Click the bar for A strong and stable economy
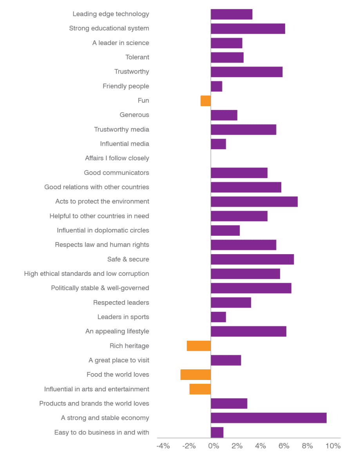coord(269,418)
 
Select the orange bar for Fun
coord(206,101)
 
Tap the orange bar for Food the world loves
coord(195,375)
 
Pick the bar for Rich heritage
coord(199,346)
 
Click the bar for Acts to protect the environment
coord(254,202)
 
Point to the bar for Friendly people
coord(217,86)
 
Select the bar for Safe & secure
coord(252,259)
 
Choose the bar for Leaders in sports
coord(219,317)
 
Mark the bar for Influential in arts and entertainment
coord(200,389)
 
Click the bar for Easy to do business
coord(217,432)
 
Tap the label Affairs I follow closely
coord(117,158)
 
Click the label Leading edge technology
coord(111,14)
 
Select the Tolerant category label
coord(137,58)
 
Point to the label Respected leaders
coord(121,303)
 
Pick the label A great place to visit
coord(119,360)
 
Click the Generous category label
coord(134,115)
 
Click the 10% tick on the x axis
coord(333,446)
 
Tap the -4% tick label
coord(163,446)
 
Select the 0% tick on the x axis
coord(213,446)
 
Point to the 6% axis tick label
coord(284,446)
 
